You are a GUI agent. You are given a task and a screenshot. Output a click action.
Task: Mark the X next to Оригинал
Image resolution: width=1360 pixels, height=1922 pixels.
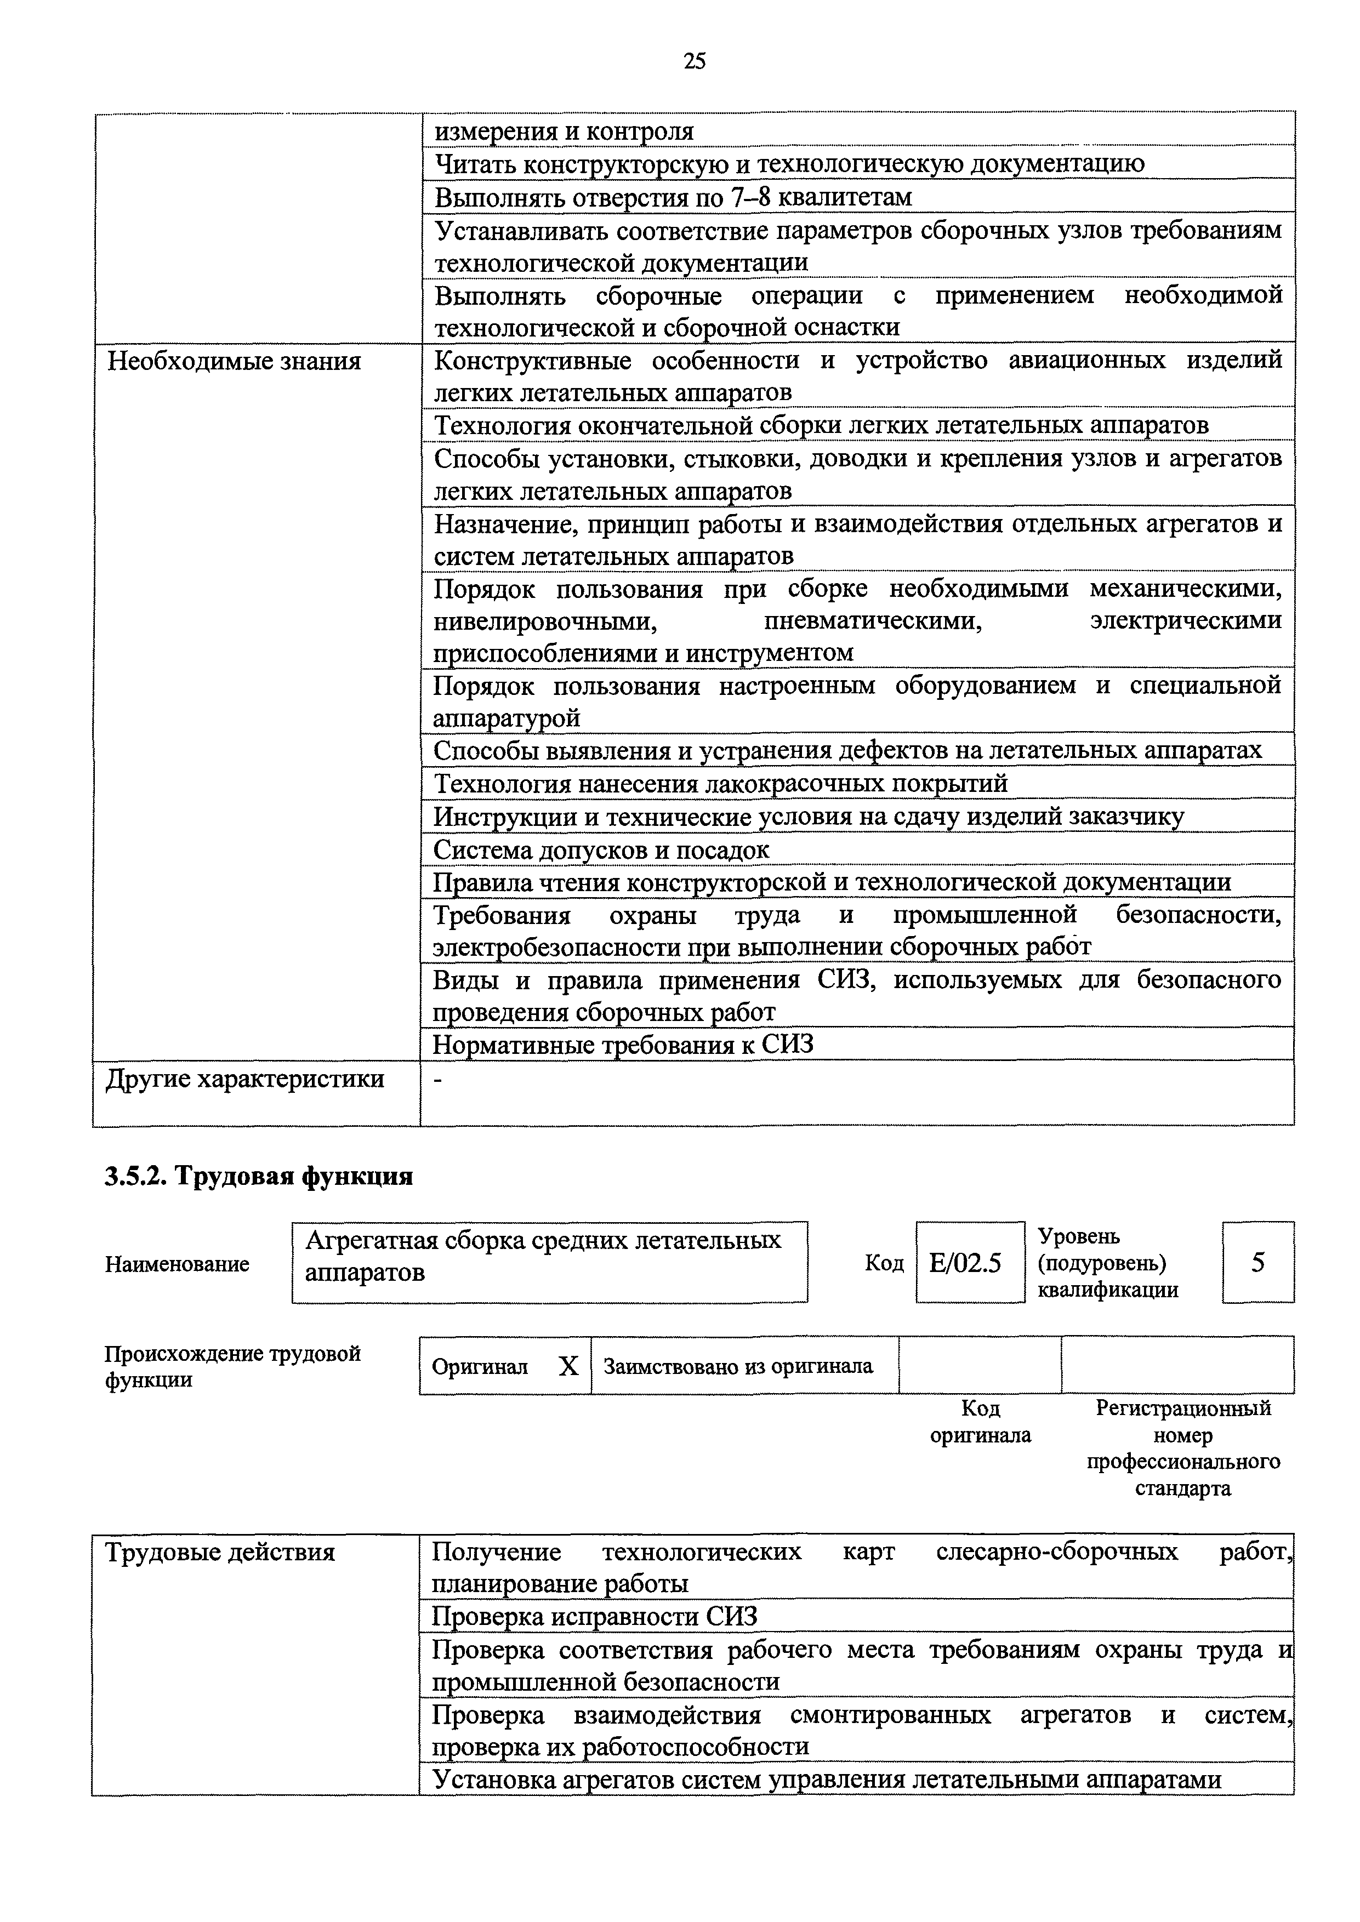pos(568,1367)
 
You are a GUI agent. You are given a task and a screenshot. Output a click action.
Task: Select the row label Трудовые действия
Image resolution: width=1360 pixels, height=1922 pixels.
pos(219,1552)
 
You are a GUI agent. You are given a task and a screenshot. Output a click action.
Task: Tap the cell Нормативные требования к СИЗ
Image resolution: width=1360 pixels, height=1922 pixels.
pos(622,1044)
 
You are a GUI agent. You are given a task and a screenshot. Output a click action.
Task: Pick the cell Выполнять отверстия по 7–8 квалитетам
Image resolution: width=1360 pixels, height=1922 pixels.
pos(673,197)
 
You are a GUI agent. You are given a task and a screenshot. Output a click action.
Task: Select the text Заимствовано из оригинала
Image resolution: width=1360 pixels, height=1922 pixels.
pos(738,1367)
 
